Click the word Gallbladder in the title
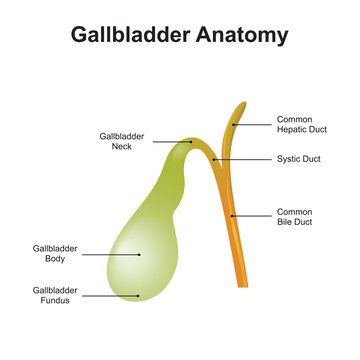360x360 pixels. (x=132, y=36)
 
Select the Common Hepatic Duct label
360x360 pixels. (x=302, y=125)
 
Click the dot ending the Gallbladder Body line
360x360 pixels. (x=140, y=254)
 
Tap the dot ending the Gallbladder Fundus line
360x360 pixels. (x=138, y=295)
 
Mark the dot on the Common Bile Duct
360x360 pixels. (x=232, y=215)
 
